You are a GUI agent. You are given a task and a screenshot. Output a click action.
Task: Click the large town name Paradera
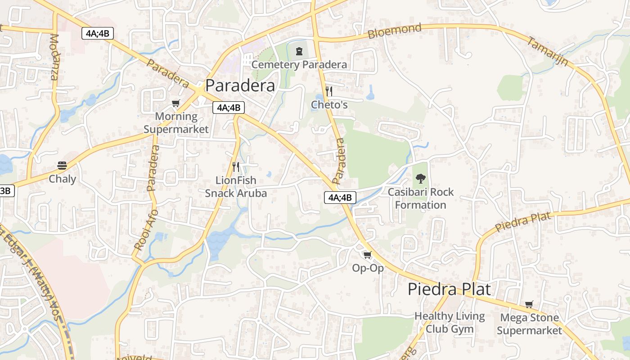point(240,85)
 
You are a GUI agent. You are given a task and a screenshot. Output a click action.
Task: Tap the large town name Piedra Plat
point(449,289)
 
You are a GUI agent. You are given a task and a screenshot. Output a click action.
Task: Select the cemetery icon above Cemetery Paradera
point(299,51)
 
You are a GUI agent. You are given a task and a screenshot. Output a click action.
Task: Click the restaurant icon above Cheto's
point(329,91)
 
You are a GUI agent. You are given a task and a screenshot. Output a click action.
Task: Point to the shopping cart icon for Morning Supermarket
point(176,103)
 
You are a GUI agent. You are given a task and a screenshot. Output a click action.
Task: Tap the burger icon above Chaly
point(62,166)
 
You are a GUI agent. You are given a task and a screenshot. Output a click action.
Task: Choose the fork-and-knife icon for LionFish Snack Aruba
point(236,167)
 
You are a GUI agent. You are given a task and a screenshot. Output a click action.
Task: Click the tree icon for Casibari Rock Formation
point(421,179)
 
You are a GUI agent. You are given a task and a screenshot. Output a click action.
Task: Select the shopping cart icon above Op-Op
point(368,255)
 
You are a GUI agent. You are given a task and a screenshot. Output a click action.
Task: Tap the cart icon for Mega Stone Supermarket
point(529,305)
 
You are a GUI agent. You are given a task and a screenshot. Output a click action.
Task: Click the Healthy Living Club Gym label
point(450,322)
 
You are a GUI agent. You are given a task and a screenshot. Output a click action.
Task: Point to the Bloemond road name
point(395,31)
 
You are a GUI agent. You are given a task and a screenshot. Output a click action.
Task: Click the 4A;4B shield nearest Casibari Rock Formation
point(340,197)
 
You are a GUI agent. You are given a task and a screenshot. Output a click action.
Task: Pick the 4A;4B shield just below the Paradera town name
point(229,108)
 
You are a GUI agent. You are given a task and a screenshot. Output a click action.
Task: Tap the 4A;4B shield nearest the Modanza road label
point(98,33)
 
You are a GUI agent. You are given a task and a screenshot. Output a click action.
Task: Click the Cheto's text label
point(329,105)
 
